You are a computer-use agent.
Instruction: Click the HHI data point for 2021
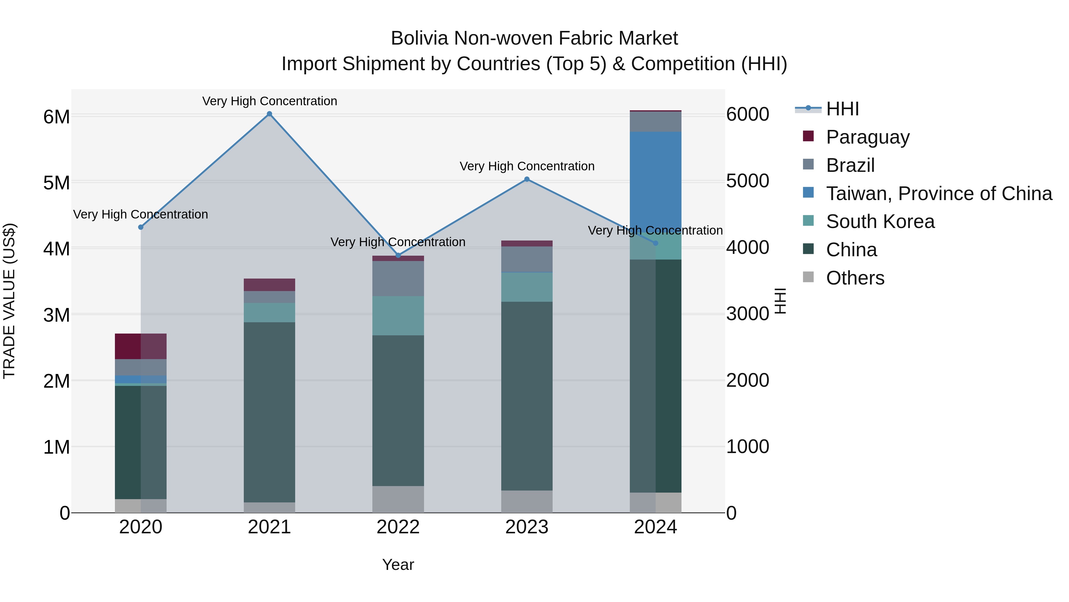pyautogui.click(x=269, y=114)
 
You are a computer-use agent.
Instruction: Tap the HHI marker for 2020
pyautogui.click(x=141, y=227)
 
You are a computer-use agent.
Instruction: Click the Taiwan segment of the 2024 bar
pyautogui.click(x=655, y=179)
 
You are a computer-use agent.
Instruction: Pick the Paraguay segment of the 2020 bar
pyautogui.click(x=141, y=346)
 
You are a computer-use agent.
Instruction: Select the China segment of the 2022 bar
pyautogui.click(x=398, y=411)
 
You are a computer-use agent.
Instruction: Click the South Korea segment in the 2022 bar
pyautogui.click(x=398, y=316)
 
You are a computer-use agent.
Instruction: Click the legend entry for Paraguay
pyautogui.click(x=867, y=137)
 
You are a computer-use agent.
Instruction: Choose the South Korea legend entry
pyautogui.click(x=880, y=221)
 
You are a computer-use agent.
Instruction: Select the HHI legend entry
pyautogui.click(x=842, y=109)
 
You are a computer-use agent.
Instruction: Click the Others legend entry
pyautogui.click(x=855, y=278)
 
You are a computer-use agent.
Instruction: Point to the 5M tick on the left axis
pyautogui.click(x=56, y=183)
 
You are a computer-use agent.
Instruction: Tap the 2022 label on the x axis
pyautogui.click(x=398, y=527)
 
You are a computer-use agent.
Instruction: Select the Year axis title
pyautogui.click(x=398, y=565)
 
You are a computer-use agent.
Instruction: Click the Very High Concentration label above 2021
pyautogui.click(x=269, y=101)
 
